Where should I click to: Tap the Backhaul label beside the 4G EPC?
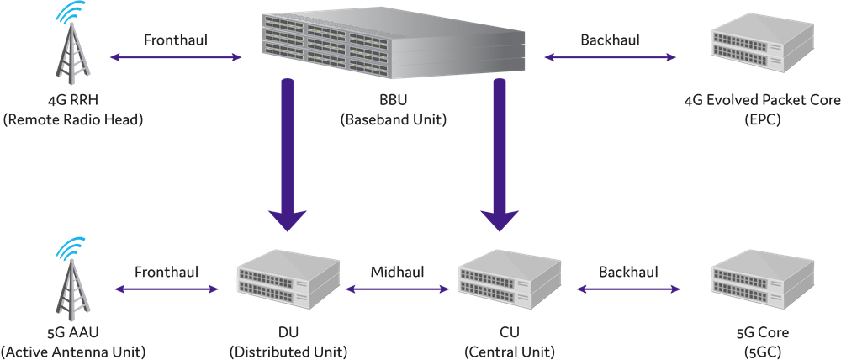click(x=610, y=40)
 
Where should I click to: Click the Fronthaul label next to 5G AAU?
click(x=166, y=272)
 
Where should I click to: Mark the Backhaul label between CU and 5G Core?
click(x=628, y=272)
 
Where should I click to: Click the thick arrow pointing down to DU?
click(x=288, y=156)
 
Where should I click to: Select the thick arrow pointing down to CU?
click(x=500, y=156)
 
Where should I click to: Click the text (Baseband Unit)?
click(x=393, y=120)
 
